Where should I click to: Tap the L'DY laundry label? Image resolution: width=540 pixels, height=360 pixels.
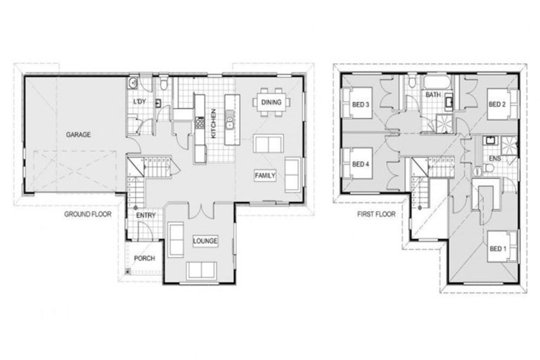[x=140, y=102]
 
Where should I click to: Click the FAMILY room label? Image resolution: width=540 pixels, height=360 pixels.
[x=266, y=175]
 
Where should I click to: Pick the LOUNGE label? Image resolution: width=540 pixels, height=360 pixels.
[x=205, y=241]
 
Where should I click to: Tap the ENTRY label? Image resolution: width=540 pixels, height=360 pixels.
[x=147, y=214]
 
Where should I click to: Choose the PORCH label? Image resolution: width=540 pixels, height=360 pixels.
[x=144, y=258]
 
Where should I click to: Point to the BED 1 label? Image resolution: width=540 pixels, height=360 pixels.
[x=497, y=249]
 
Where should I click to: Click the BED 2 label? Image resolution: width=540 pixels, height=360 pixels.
[x=497, y=104]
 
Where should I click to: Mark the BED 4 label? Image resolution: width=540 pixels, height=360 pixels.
[x=360, y=165]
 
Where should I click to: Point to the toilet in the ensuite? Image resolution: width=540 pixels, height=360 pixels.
[x=481, y=169]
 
